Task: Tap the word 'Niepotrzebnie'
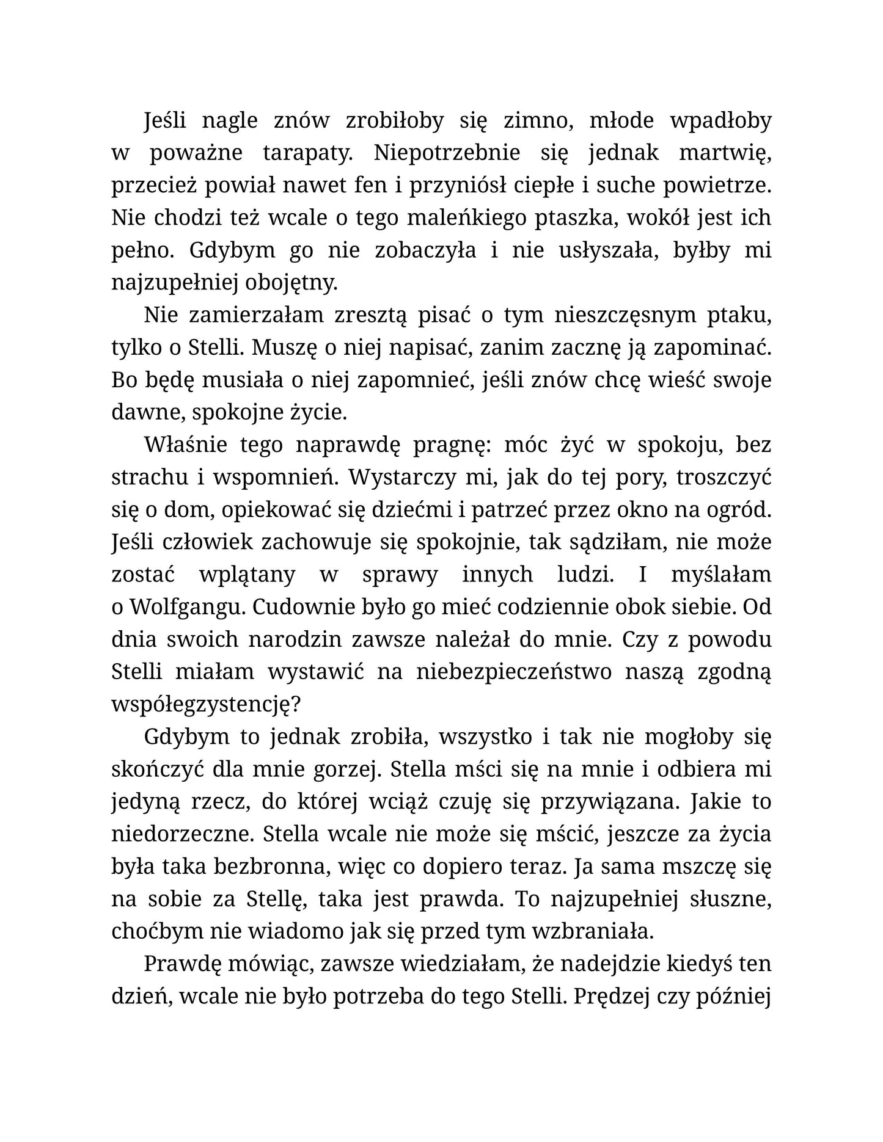pyautogui.click(x=447, y=153)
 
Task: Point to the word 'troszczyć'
pyautogui.click(x=724, y=478)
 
